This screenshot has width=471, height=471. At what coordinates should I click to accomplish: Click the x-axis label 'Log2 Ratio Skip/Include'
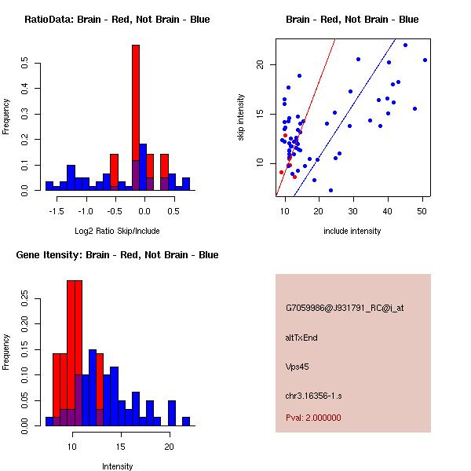(118, 231)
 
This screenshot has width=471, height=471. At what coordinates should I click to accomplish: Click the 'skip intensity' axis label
(242, 118)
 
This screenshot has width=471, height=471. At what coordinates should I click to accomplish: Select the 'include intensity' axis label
(352, 231)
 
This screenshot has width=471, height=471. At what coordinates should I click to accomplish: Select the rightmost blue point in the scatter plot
(425, 60)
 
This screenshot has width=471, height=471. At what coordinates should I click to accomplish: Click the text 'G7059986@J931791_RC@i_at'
(345, 309)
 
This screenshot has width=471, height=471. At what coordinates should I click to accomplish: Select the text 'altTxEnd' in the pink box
(301, 338)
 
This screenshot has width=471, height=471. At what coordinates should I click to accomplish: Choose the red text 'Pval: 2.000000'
(313, 418)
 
